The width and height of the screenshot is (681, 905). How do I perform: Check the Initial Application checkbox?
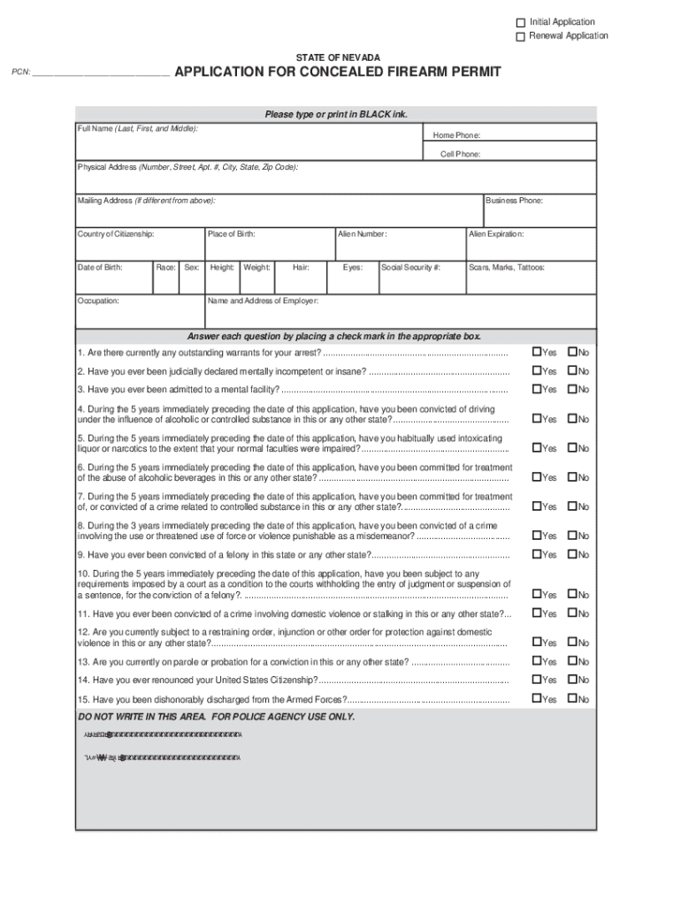coord(521,22)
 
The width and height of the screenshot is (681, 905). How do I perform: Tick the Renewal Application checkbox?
coord(521,36)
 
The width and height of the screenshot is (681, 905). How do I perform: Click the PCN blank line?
coord(101,74)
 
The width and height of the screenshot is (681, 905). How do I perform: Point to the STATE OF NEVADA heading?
coord(339,57)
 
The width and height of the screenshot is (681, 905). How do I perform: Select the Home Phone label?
coord(456,135)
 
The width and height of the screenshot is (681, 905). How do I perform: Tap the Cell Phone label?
coord(461,154)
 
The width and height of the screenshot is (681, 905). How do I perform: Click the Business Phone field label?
coord(515,201)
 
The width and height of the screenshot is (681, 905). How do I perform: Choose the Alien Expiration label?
coord(496,234)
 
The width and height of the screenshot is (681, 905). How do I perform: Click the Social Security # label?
coord(411,266)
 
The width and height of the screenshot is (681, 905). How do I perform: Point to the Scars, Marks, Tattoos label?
coord(507,266)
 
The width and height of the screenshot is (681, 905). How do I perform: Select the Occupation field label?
coord(98,300)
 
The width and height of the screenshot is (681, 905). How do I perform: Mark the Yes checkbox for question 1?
coord(536,353)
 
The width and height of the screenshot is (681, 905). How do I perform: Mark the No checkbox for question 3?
coord(572,389)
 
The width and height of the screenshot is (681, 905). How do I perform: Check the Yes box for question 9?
coord(536,554)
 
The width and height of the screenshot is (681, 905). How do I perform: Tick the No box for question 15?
coord(572,699)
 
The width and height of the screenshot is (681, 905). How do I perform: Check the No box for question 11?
coord(572,613)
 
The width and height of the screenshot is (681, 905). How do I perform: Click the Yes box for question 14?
coord(536,680)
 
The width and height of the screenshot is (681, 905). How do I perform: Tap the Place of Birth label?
coord(232,234)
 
